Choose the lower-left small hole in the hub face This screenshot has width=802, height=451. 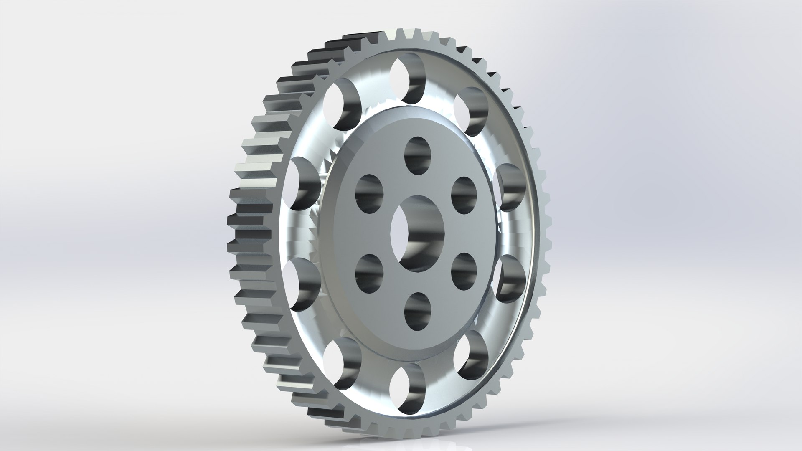coord(369,274)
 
